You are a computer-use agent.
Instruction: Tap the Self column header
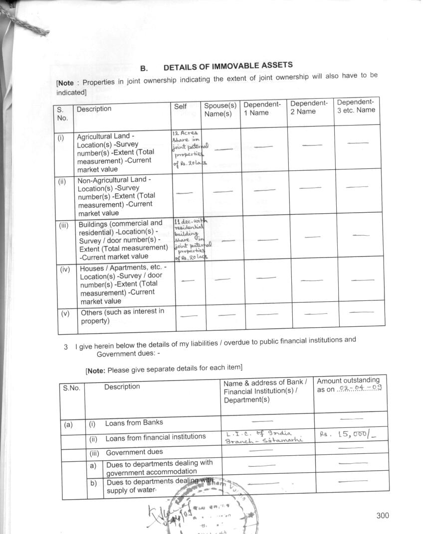[180, 107]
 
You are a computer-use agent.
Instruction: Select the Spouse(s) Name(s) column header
[220, 110]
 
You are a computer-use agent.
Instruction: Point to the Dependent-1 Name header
[262, 109]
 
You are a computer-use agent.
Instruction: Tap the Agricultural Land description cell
[115, 152]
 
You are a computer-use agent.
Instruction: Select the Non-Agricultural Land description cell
[116, 196]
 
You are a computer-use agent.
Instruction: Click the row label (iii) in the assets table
[64, 225]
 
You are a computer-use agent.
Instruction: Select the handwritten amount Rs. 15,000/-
[349, 434]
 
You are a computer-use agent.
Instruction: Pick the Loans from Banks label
[134, 423]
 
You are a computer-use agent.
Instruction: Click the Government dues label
[134, 452]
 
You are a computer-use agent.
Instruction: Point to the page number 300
[383, 516]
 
